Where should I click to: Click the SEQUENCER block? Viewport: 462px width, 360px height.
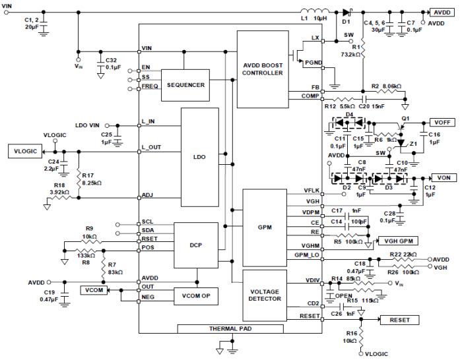click(185, 85)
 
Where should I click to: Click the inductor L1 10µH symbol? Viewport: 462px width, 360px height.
click(311, 13)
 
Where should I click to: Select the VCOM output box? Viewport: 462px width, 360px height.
click(93, 289)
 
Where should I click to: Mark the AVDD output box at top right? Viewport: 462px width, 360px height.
click(440, 12)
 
